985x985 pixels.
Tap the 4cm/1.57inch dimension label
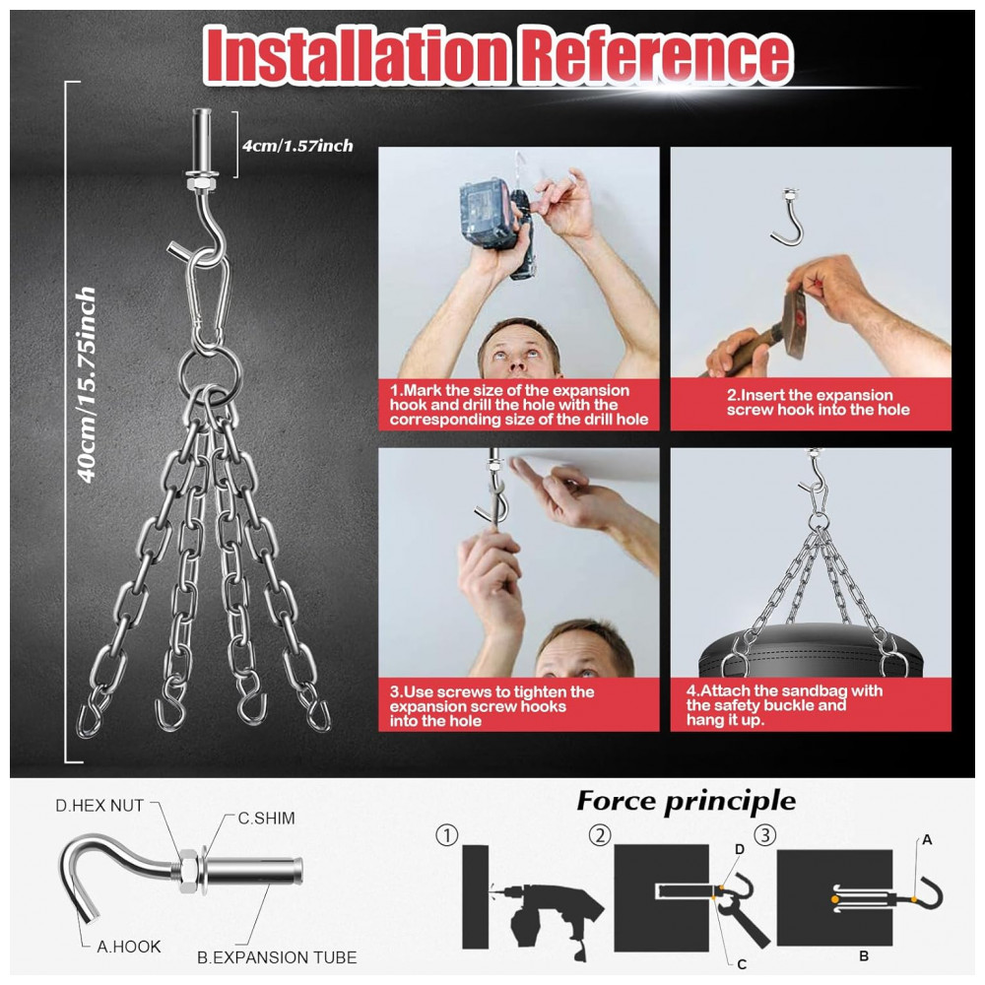point(297,146)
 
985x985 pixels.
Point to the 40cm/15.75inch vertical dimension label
point(86,384)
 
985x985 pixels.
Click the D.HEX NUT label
point(99,806)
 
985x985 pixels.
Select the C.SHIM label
point(266,818)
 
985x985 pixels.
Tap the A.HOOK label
point(129,946)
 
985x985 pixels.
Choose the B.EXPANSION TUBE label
point(277,957)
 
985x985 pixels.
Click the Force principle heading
point(686,802)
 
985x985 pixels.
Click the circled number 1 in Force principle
point(446,835)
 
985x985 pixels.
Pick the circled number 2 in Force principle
point(600,835)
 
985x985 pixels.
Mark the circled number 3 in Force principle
point(765,835)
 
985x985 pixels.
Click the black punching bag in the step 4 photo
point(811,650)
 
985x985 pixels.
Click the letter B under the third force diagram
point(864,955)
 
